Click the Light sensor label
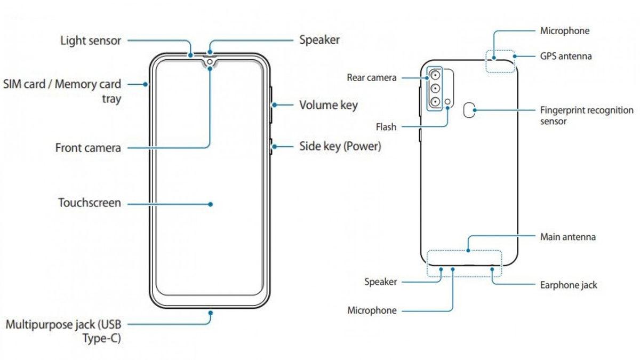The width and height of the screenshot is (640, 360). (x=91, y=41)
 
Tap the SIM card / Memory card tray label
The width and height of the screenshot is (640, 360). (x=62, y=91)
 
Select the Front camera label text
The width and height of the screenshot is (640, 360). (x=88, y=148)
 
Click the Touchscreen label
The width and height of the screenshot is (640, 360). (x=90, y=203)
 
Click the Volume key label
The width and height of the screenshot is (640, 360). (x=328, y=105)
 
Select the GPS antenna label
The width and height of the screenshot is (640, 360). (x=566, y=55)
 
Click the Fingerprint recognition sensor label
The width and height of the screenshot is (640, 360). (x=587, y=116)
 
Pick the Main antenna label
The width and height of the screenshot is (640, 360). (x=568, y=236)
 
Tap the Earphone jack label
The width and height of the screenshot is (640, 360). (x=569, y=285)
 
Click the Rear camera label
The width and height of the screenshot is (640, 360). (x=372, y=78)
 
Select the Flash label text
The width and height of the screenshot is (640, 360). (x=386, y=127)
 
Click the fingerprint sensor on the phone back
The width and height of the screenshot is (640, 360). (x=469, y=110)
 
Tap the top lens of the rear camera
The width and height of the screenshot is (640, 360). (x=436, y=75)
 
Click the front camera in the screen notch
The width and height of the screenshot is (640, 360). (x=210, y=62)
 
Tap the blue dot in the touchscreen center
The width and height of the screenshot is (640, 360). (x=211, y=204)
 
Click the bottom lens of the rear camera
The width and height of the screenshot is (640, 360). (x=436, y=101)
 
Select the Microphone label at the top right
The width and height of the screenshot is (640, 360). (x=565, y=31)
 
